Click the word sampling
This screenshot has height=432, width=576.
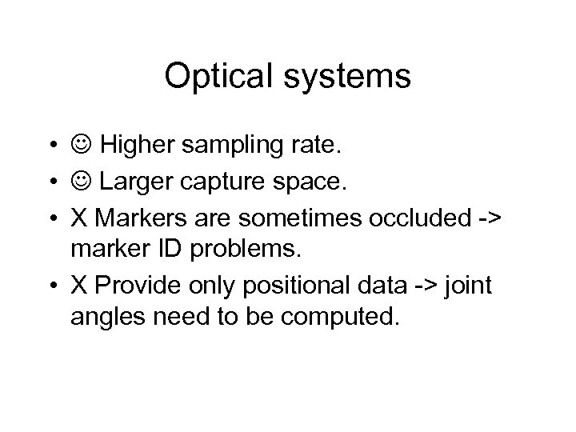tap(241, 147)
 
